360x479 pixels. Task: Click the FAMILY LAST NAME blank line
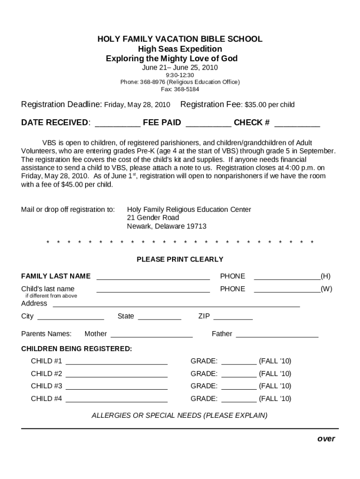click(153, 277)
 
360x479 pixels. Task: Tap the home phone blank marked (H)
click(287, 277)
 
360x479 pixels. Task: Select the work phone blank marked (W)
click(287, 290)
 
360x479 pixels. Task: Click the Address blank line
click(176, 304)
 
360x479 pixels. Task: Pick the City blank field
click(70, 317)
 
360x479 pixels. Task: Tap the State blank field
click(159, 317)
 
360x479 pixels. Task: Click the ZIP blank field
click(232, 317)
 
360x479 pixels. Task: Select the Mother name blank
click(151, 334)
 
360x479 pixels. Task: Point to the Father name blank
click(277, 334)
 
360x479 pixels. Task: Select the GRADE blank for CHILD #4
click(238, 399)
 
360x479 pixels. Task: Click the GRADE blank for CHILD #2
click(238, 374)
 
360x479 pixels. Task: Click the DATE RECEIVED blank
click(117, 123)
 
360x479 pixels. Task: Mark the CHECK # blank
click(297, 123)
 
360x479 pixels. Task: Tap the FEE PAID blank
click(208, 123)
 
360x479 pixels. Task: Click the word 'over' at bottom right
click(326, 439)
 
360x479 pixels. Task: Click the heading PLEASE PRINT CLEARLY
click(180, 259)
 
